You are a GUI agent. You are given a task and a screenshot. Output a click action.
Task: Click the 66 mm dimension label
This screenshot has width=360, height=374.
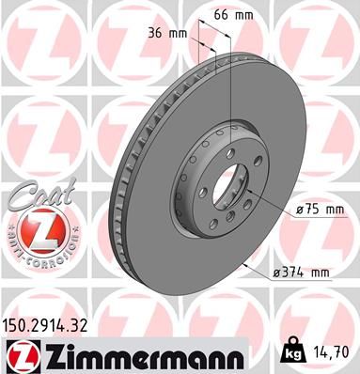(230, 17)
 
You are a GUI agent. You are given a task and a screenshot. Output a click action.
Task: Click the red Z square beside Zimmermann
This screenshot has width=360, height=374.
(20, 356)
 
